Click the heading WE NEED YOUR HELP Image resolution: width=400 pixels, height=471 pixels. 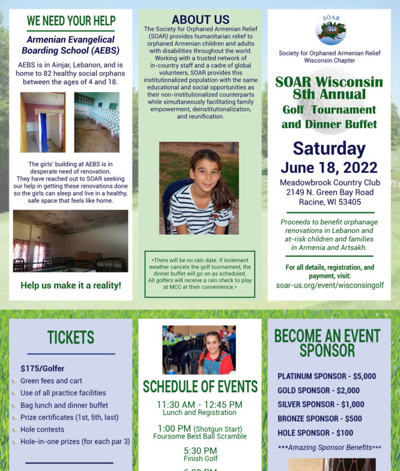[70, 21]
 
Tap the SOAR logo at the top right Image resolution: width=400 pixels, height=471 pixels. [330, 29]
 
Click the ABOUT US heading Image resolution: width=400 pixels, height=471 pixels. [200, 19]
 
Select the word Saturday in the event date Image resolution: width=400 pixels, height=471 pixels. [329, 149]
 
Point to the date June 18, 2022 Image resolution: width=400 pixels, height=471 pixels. [329, 167]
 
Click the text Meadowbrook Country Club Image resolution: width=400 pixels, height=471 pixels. [329, 182]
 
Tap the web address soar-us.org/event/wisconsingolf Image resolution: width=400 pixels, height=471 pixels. [330, 285]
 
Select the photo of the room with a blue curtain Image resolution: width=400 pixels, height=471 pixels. [42, 122]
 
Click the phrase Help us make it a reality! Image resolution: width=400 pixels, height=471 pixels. [70, 285]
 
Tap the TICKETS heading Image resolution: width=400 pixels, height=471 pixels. [70, 337]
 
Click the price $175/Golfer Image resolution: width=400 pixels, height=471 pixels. [42, 368]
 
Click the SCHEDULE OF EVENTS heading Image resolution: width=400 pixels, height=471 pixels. [200, 386]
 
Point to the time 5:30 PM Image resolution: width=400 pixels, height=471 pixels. [200, 451]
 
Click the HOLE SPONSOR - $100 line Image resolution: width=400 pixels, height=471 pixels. [315, 433]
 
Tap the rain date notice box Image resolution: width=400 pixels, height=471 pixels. [200, 274]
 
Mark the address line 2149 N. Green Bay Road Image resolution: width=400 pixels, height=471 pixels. [329, 192]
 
